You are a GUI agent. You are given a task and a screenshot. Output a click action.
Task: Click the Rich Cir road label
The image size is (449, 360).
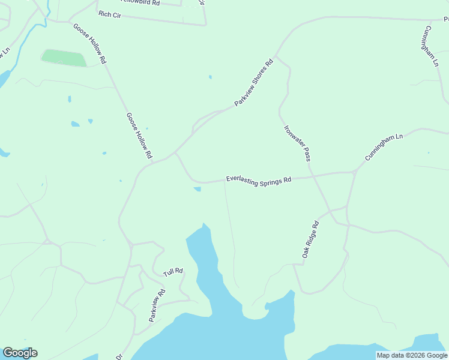pyautogui.click(x=110, y=14)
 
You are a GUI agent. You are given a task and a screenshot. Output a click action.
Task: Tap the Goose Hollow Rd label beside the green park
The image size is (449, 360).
pyautogui.click(x=89, y=44)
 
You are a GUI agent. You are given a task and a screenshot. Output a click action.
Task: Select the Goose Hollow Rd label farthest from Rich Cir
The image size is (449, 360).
pyautogui.click(x=139, y=136)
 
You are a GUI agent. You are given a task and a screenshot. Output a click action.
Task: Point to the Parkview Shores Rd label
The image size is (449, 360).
pyautogui.click(x=253, y=82)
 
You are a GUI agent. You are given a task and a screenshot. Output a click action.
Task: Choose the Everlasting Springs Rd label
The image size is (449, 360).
pyautogui.click(x=258, y=180)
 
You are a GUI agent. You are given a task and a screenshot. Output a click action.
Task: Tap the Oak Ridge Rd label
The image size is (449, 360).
pyautogui.click(x=310, y=240)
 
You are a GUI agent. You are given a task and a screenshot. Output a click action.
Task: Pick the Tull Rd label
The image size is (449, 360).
pyautogui.click(x=173, y=272)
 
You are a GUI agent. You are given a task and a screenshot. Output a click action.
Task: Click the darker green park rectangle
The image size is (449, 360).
pyautogui.click(x=64, y=58)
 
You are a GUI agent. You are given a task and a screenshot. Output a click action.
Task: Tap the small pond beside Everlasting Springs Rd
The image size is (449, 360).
pyautogui.click(x=197, y=190)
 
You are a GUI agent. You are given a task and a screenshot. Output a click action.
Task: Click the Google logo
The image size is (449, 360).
pyautogui.click(x=20, y=353)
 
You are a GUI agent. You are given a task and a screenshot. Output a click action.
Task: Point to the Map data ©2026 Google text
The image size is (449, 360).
pyautogui.click(x=412, y=355)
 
